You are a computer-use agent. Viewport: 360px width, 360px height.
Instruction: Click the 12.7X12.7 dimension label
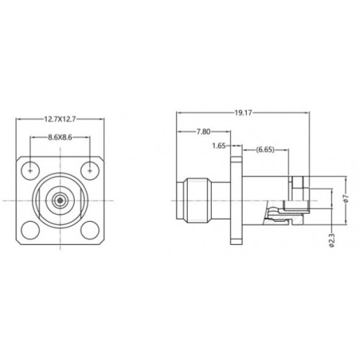[x=60, y=119]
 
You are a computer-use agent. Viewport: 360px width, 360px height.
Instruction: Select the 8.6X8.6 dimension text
[x=60, y=138]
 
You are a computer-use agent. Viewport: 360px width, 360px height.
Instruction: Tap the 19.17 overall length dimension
[x=243, y=113]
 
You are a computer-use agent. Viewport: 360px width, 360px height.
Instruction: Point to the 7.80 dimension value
[x=204, y=132]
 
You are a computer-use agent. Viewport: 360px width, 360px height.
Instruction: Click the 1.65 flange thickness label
[x=219, y=145]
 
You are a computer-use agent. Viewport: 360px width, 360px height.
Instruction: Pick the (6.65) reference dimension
[x=265, y=150]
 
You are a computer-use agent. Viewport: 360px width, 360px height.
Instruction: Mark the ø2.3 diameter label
[x=331, y=240]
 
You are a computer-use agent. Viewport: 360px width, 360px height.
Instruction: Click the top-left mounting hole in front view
[x=30, y=171]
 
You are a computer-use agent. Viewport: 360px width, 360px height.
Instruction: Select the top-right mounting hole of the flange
[x=90, y=171]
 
